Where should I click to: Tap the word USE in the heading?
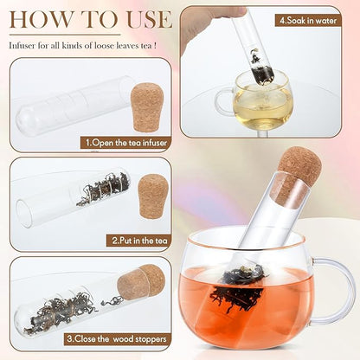(x=150, y=19)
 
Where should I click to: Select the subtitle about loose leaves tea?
(x=83, y=46)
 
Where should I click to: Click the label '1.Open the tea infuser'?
(x=126, y=143)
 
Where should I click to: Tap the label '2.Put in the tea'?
(x=140, y=241)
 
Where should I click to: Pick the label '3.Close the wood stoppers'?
(x=117, y=338)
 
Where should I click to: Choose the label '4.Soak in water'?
(x=308, y=21)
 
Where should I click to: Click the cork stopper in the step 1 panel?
(x=147, y=107)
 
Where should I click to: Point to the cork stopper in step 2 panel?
(x=152, y=196)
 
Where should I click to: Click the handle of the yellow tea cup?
(x=223, y=101)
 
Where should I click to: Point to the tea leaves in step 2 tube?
(x=103, y=189)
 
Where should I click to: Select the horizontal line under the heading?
(x=65, y=35)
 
